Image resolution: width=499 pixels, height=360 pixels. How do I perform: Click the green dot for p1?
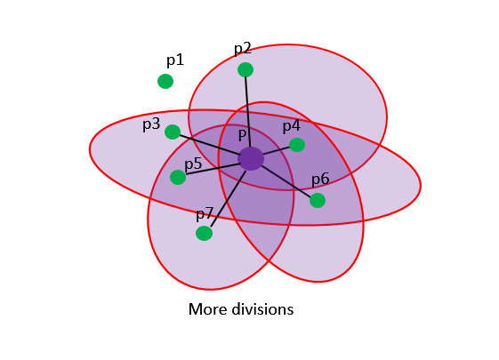coord(165,81)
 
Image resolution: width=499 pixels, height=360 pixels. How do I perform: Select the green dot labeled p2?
coord(245,69)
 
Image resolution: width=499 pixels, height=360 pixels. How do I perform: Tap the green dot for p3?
coord(173,132)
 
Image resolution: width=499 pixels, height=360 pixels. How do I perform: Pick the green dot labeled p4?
coord(297,145)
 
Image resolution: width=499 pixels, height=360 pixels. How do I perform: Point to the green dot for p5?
coord(178,177)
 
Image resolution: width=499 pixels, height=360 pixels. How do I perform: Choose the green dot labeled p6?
coord(318,200)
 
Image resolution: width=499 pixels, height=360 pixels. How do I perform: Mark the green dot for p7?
coord(204,234)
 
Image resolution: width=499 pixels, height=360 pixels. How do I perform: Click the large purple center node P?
coord(251,159)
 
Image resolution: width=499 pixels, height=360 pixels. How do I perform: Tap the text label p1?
coord(175,60)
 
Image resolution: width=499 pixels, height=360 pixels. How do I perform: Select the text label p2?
coord(243,49)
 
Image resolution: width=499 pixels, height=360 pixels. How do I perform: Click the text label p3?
coord(151,124)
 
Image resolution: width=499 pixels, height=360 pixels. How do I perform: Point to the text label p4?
coord(292,126)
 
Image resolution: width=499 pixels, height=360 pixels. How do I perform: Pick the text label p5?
coord(193,164)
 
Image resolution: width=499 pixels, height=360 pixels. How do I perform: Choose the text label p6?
coord(320,180)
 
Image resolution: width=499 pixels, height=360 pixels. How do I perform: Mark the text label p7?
coord(205,213)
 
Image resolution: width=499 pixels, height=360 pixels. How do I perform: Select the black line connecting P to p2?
coord(248,112)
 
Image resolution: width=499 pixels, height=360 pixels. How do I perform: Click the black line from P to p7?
coord(229,199)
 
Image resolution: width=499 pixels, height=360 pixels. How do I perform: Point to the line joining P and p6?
coord(286,181)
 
